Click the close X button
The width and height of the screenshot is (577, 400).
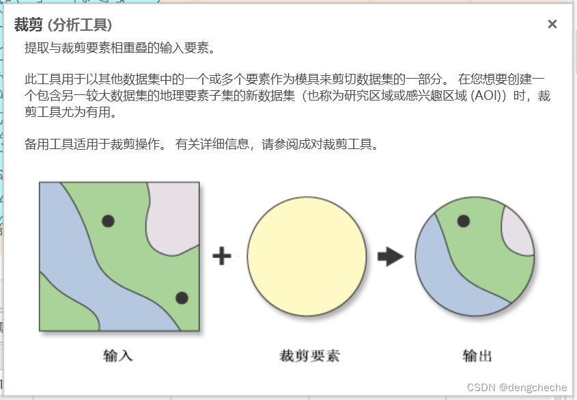click(x=552, y=25)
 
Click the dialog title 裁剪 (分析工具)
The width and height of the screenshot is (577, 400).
click(x=63, y=25)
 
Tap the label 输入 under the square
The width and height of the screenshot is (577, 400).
click(x=117, y=355)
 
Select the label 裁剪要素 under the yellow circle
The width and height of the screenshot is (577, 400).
click(x=309, y=355)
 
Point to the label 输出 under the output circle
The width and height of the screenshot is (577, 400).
click(x=477, y=355)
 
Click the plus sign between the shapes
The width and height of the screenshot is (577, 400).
click(x=222, y=256)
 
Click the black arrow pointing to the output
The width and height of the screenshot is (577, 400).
click(x=391, y=256)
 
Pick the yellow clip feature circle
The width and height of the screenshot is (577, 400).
click(x=307, y=256)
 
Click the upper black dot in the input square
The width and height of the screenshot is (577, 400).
click(x=108, y=220)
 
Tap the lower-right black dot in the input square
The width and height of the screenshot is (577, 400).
click(x=182, y=297)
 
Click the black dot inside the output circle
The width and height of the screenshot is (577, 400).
click(x=463, y=220)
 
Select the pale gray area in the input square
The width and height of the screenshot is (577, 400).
click(x=174, y=209)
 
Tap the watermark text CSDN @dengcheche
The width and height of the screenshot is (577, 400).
click(x=517, y=388)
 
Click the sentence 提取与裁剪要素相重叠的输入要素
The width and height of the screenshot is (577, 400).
click(x=120, y=48)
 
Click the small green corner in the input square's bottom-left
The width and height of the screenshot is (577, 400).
click(x=55, y=311)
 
